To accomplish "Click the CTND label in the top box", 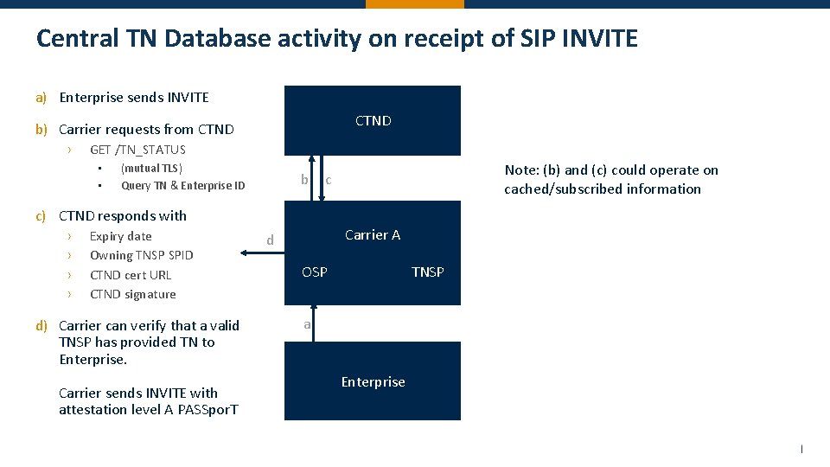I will [x=373, y=121].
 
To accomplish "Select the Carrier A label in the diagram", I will [x=373, y=235].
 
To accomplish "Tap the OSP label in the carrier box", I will [x=315, y=272].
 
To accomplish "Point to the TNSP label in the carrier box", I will [x=427, y=272].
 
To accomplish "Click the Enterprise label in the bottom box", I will [x=373, y=382].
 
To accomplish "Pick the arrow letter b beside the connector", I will [x=304, y=179].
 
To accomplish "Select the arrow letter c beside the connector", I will [x=329, y=180].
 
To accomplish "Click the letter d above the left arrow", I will [x=270, y=240].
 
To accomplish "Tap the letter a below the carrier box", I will [x=306, y=325].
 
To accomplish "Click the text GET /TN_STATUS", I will [x=137, y=150].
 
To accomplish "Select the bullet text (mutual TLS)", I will [x=151, y=168].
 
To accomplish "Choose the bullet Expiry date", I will [x=120, y=236].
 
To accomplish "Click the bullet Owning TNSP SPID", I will [x=142, y=255].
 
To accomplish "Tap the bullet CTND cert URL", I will [x=131, y=275].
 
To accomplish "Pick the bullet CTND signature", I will [x=132, y=294].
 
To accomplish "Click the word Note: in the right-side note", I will [x=521, y=170].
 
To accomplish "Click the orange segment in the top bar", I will [x=414, y=3].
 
